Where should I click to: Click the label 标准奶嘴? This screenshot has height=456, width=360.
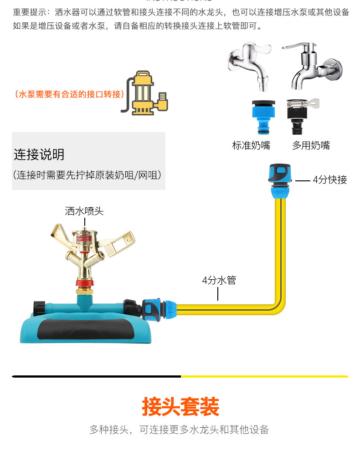(x=251, y=146)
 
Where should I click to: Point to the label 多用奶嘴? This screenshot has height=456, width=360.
(x=311, y=146)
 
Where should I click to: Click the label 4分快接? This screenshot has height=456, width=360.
(x=329, y=180)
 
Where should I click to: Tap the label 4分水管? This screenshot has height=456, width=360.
(x=219, y=280)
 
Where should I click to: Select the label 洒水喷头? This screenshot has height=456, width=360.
(x=84, y=211)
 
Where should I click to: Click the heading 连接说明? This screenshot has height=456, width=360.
(x=39, y=155)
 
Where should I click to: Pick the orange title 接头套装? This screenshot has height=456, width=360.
(x=180, y=407)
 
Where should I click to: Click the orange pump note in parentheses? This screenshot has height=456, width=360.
(x=70, y=94)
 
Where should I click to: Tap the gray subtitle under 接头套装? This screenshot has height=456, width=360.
(x=180, y=430)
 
